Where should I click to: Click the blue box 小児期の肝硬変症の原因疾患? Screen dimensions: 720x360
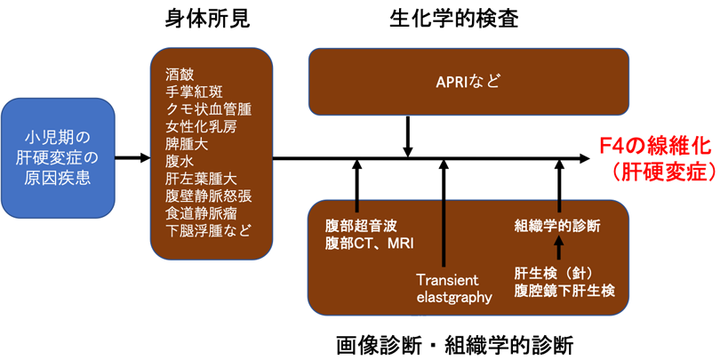58,158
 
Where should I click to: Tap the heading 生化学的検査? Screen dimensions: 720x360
453,20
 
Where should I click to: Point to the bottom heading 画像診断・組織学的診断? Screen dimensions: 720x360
454,343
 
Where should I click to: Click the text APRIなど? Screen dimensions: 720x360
468,83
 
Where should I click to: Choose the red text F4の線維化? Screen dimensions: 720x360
657,148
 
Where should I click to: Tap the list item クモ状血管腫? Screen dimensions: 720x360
209,110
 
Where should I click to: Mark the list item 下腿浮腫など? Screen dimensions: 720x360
209,230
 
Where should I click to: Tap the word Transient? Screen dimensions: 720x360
447,280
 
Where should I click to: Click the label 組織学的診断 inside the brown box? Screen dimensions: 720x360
557,227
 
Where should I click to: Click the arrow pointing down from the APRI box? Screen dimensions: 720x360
408,136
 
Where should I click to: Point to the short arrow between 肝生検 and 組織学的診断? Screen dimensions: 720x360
558,248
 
